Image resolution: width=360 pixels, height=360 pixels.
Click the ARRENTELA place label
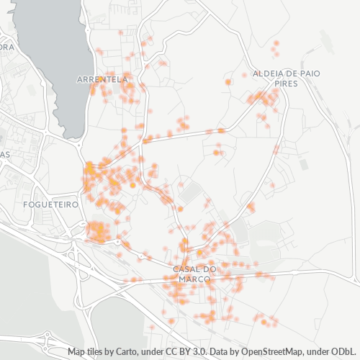102,79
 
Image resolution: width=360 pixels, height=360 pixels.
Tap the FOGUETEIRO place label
50,204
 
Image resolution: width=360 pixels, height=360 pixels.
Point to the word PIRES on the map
287,84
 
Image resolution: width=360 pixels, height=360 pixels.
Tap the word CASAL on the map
185,269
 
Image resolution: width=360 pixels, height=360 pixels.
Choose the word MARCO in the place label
194,279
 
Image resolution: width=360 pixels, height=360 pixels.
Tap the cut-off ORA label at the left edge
6,48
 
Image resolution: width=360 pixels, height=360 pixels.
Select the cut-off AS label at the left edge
4,155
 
